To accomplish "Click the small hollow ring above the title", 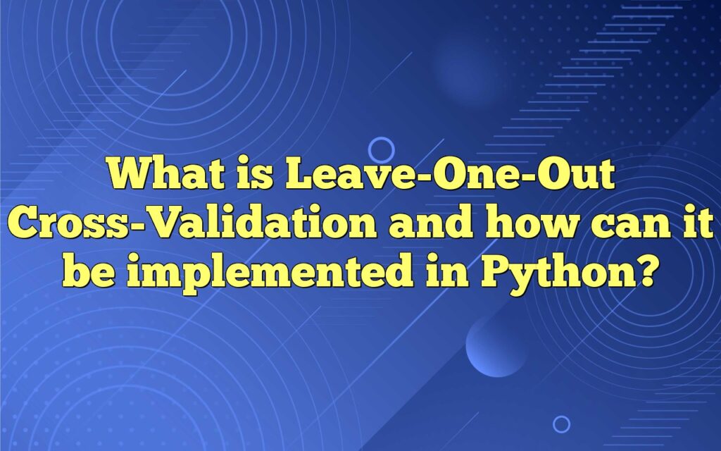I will (x=381, y=150).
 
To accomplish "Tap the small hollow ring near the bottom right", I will (x=561, y=424).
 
